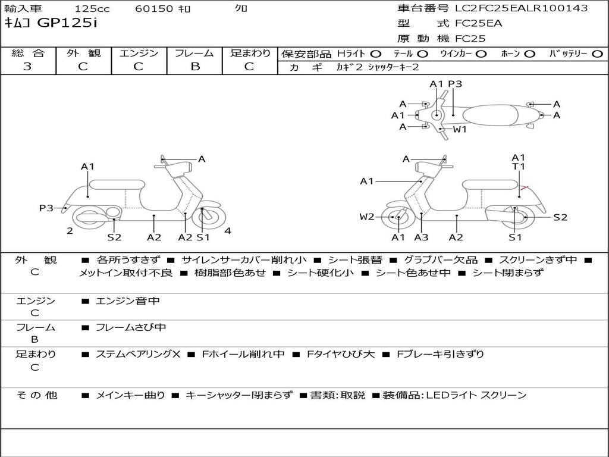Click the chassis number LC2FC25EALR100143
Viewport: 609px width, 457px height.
coord(521,8)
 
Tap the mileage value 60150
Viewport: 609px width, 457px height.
coord(155,9)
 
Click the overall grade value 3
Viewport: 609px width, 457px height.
coord(27,67)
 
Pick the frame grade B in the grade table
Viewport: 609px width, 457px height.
coord(195,67)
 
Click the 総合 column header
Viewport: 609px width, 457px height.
coord(28,54)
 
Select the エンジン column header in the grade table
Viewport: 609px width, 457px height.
coord(139,54)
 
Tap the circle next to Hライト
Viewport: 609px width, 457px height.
coord(376,54)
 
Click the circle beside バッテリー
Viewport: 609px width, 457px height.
coord(597,54)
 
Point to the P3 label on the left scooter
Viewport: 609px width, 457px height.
coord(46,208)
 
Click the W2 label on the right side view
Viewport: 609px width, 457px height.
coord(367,217)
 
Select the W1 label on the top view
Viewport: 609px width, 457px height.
coord(460,129)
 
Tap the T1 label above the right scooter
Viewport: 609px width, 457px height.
coord(519,167)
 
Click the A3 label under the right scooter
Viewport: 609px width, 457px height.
coord(422,237)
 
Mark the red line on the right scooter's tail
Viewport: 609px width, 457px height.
coord(523,189)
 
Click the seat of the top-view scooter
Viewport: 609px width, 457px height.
coord(494,115)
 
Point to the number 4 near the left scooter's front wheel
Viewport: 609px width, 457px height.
coord(228,231)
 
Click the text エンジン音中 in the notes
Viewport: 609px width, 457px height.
coord(128,301)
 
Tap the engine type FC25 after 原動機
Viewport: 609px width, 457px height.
coord(470,39)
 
